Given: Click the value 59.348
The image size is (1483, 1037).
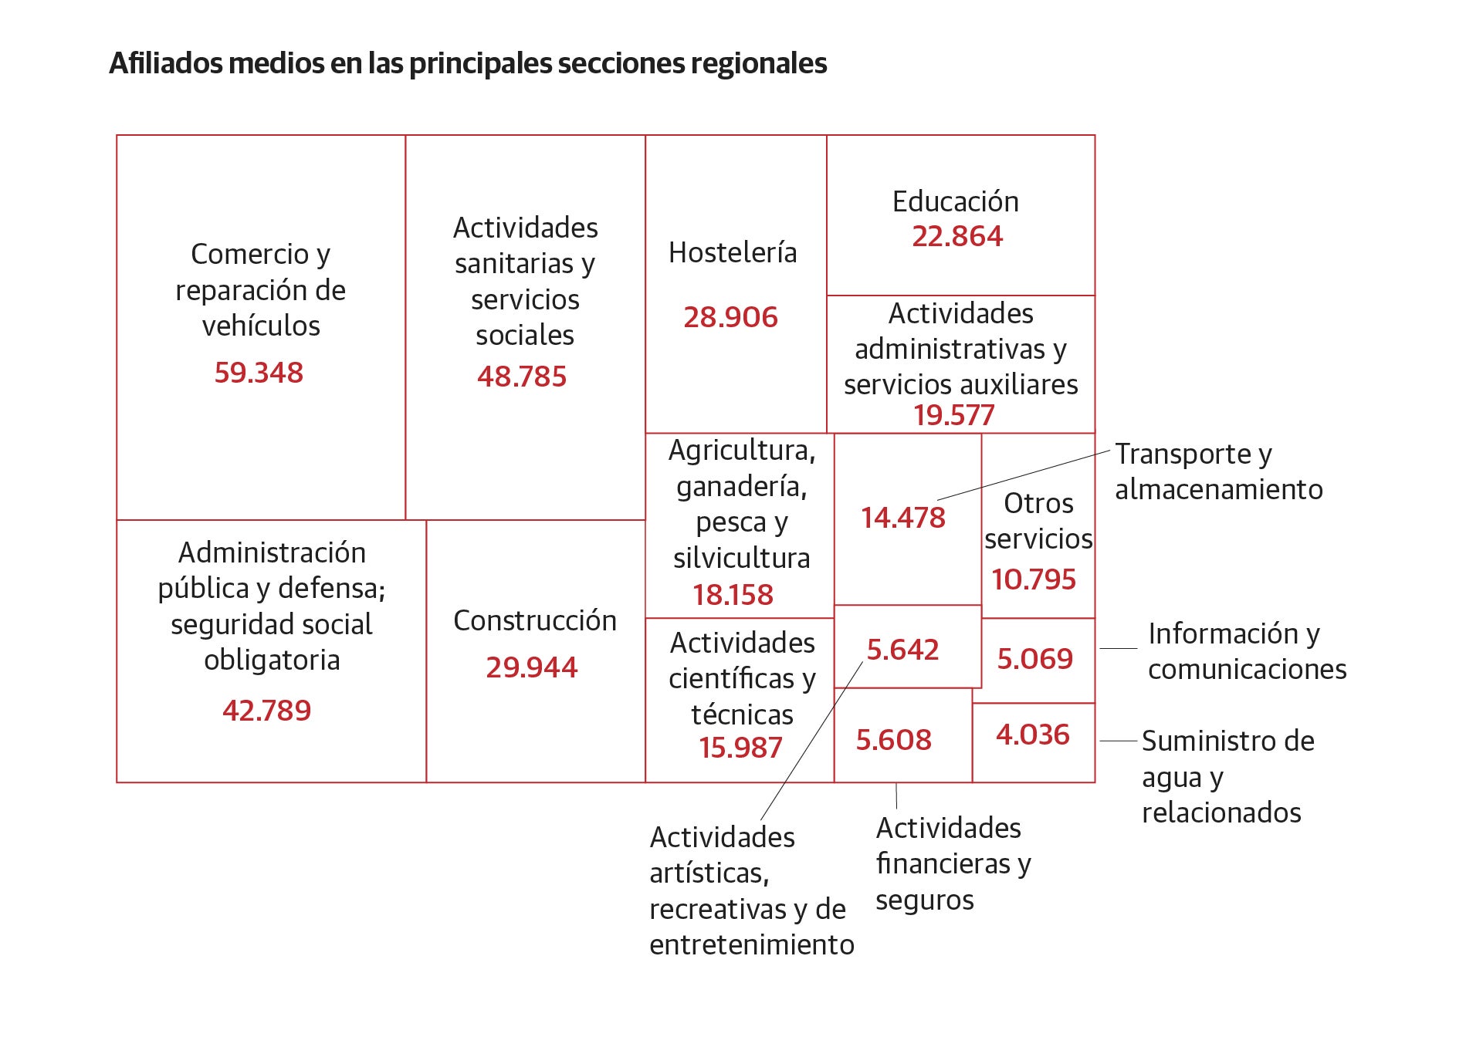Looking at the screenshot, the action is (x=259, y=373).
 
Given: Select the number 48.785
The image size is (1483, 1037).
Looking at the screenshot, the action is (x=522, y=377).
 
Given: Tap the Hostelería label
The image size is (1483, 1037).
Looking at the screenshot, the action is (x=733, y=252).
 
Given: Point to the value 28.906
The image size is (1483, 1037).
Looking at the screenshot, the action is (x=731, y=317).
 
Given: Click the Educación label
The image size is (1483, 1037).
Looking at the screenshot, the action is (x=956, y=201).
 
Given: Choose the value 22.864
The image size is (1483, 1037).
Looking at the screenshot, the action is (x=957, y=236).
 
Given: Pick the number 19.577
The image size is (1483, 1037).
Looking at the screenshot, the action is (x=954, y=415).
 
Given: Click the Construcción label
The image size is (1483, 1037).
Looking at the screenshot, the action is (x=535, y=620).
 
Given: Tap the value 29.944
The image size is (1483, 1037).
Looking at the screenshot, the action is (x=532, y=667).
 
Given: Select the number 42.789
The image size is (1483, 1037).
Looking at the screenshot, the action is (x=267, y=711).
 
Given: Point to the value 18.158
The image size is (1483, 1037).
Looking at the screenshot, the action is (x=733, y=595).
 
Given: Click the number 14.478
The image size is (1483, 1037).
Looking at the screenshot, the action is (x=903, y=518).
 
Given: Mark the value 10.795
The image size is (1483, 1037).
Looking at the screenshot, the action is (x=1034, y=579).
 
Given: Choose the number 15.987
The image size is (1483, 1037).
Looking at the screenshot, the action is (x=740, y=748).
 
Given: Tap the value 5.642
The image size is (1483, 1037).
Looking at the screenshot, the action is (x=902, y=650).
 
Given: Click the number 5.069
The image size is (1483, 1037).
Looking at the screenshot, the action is (x=1035, y=659).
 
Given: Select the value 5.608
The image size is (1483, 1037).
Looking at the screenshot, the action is (x=894, y=740).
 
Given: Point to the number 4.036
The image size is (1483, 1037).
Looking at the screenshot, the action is (x=1033, y=735).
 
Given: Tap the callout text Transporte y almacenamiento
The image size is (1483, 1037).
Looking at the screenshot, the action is (x=1219, y=471).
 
